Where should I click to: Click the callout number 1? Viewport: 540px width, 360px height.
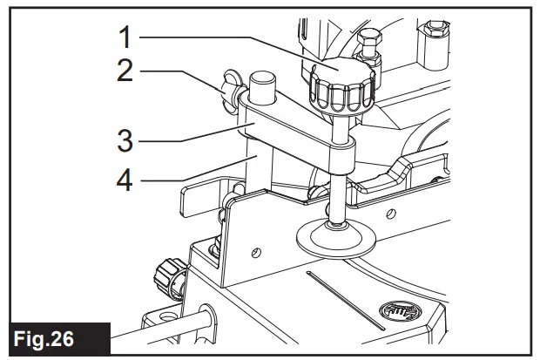[x=125, y=37]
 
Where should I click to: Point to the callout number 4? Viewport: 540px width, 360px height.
[x=125, y=181]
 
